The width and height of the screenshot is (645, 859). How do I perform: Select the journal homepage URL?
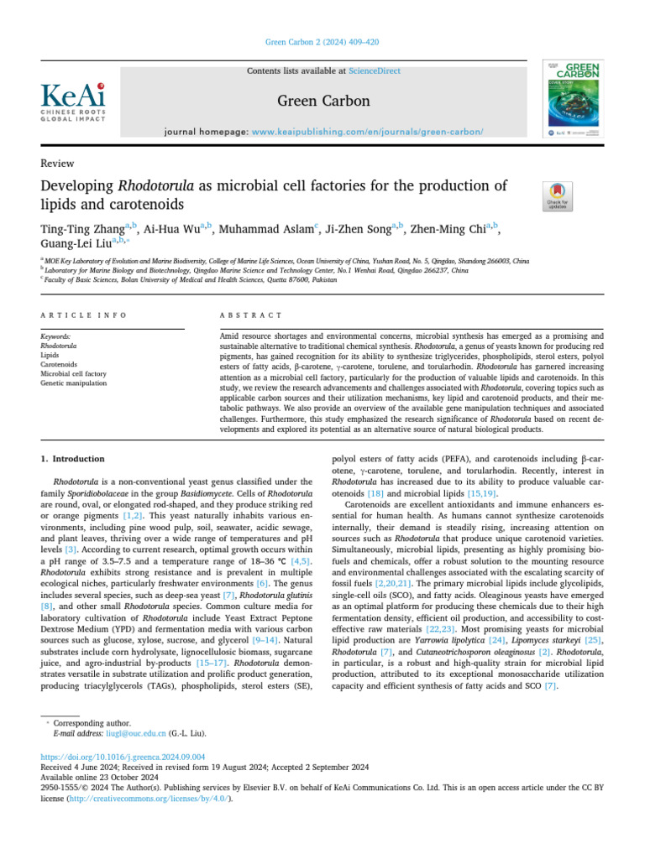pyautogui.click(x=368, y=133)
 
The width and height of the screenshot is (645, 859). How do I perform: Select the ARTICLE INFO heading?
pyautogui.click(x=83, y=315)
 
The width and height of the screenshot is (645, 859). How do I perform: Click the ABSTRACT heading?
pyautogui.click(x=250, y=315)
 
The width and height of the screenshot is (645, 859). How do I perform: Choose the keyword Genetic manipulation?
pyautogui.click(x=74, y=383)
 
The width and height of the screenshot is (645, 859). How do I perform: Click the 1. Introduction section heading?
pyautogui.click(x=73, y=459)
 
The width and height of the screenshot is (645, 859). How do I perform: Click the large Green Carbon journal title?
pyautogui.click(x=323, y=101)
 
